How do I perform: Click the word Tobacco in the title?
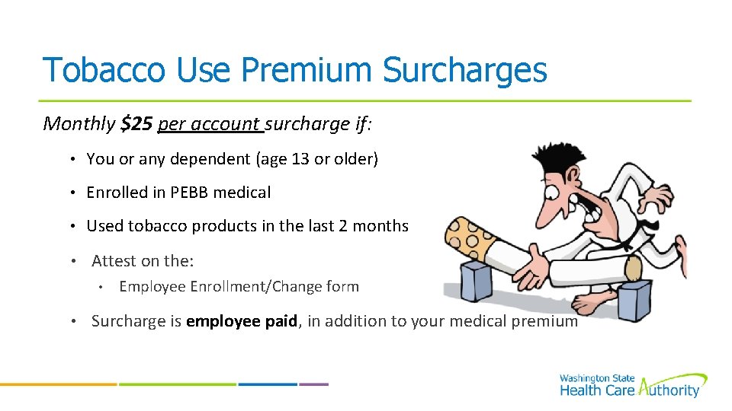[103, 70]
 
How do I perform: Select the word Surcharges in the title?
[464, 70]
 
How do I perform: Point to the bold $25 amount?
[136, 123]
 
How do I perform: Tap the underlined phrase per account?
[209, 124]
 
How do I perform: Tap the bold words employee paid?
[242, 321]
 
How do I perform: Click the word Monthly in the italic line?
[79, 123]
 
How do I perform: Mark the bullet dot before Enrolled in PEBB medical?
[69, 193]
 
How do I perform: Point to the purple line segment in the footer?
[313, 384]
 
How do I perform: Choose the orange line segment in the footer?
[57, 384]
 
